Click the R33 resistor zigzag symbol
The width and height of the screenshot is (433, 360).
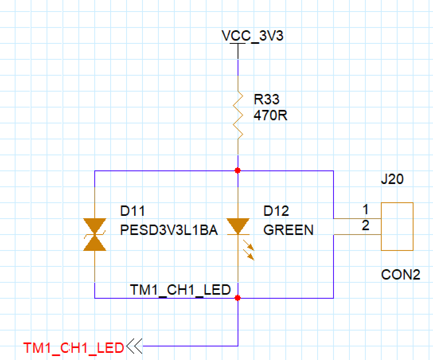[238, 115]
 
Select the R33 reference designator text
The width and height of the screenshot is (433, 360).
[267, 100]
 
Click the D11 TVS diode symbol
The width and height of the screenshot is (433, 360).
[95, 235]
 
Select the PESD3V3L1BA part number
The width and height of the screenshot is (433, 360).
[169, 230]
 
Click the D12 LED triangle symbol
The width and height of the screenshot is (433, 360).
[238, 226]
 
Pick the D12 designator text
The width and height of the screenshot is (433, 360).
[276, 211]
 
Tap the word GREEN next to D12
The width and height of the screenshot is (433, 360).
[288, 230]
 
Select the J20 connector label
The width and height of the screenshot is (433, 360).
[392, 180]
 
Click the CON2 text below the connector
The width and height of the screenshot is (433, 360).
[400, 275]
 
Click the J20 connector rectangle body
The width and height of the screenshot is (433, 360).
[397, 226]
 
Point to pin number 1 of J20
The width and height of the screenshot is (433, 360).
[365, 209]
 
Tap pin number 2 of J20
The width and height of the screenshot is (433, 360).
[365, 226]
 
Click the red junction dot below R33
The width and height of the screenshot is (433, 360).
[238, 170]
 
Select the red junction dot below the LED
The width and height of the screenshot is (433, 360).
[238, 298]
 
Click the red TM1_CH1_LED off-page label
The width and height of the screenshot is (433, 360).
[74, 348]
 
